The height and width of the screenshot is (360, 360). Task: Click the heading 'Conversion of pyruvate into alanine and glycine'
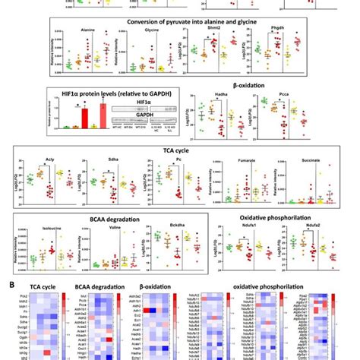[179, 21]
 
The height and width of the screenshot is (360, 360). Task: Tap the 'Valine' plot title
[104, 226]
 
